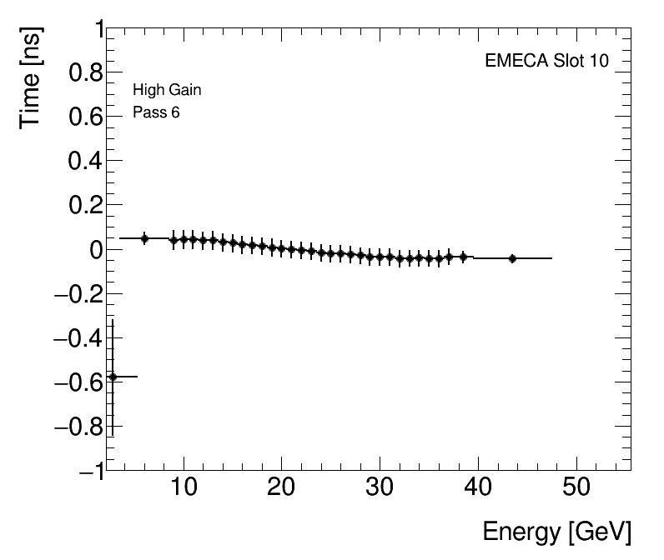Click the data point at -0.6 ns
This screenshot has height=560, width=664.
click(113, 377)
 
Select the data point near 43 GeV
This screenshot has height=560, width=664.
click(512, 258)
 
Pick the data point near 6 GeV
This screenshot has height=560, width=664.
click(144, 238)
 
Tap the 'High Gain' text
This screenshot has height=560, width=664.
click(167, 90)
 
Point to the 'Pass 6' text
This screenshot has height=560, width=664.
click(156, 112)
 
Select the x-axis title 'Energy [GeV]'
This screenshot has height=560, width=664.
click(556, 531)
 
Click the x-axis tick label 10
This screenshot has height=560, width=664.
click(184, 487)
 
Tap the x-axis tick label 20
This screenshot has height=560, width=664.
click(282, 487)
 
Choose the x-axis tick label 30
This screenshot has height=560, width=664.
click(380, 487)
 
